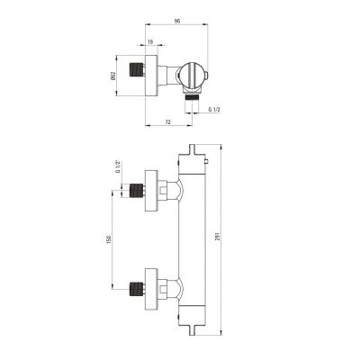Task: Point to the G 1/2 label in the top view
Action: click(x=215, y=109)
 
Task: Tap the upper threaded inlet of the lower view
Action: click(x=138, y=191)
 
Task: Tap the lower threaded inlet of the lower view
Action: click(x=138, y=289)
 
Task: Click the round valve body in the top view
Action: click(x=193, y=72)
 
